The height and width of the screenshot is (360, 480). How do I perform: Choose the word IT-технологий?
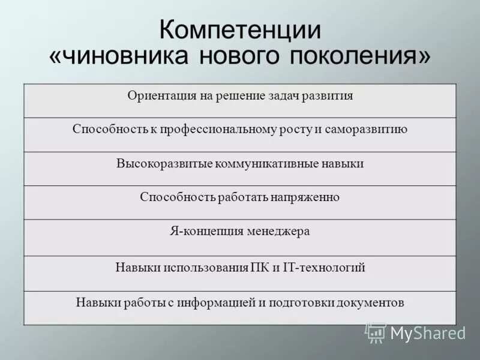click(x=324, y=267)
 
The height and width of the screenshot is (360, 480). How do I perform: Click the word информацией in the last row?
click(x=215, y=302)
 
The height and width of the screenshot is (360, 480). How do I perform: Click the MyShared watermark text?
click(x=427, y=333)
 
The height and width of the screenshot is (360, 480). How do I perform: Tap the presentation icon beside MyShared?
click(x=376, y=332)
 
